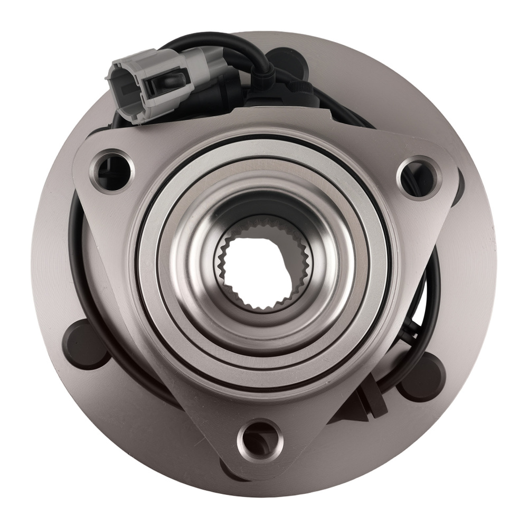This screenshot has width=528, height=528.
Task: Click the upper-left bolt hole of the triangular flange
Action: pos(112,170)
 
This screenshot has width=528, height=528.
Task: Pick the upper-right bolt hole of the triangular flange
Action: pos(418,177)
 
